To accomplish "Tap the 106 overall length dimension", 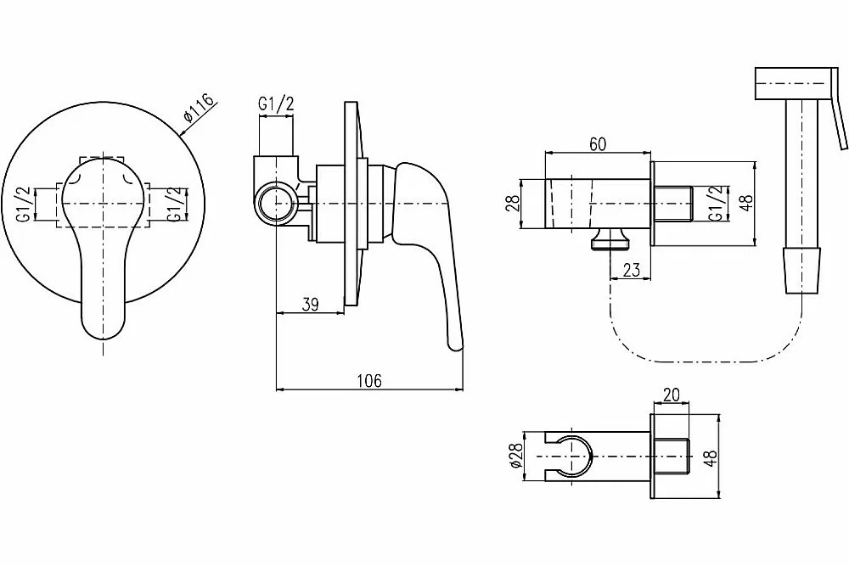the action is (x=369, y=380).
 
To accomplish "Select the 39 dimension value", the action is (x=310, y=304).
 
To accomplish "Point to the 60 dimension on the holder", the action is (x=598, y=144).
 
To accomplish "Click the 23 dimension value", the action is (x=632, y=270).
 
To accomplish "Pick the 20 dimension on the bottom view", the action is (x=672, y=395).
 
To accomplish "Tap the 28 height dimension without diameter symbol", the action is (x=514, y=203).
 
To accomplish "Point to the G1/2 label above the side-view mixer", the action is (x=276, y=104).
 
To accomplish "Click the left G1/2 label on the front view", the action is (x=23, y=204).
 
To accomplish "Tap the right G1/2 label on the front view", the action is (x=173, y=204).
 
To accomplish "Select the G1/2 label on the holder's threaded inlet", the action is (x=715, y=204).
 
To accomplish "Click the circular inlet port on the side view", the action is (x=276, y=203).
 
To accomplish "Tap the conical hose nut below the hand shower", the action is (x=802, y=270).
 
